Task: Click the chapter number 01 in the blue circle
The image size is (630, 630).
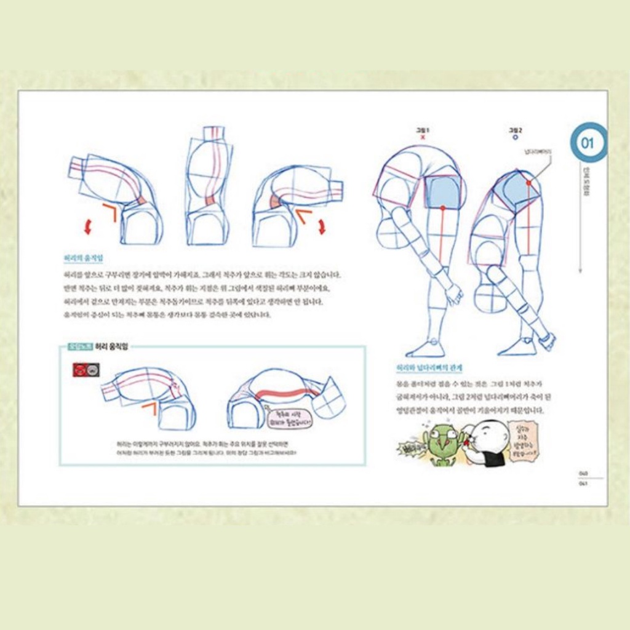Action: pyautogui.click(x=587, y=143)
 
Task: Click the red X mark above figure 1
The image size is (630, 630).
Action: pyautogui.click(x=423, y=138)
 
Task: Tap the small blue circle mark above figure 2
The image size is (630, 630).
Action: pyautogui.click(x=515, y=138)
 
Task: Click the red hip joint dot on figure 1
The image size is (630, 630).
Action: pyautogui.click(x=442, y=209)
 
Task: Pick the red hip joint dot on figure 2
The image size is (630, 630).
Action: pyautogui.click(x=528, y=183)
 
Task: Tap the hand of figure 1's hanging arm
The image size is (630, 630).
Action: pyautogui.click(x=454, y=295)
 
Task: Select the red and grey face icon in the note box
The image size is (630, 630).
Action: pyautogui.click(x=86, y=370)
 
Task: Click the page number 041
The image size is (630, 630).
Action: pyautogui.click(x=583, y=483)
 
